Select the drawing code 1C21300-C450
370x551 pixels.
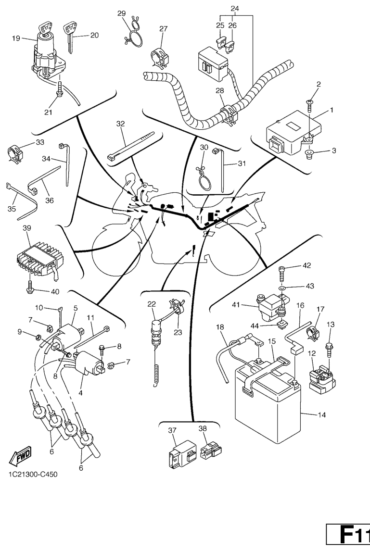point(33,475)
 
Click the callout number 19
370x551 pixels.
point(16,38)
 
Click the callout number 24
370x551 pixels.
point(234,9)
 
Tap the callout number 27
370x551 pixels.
point(163,29)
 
